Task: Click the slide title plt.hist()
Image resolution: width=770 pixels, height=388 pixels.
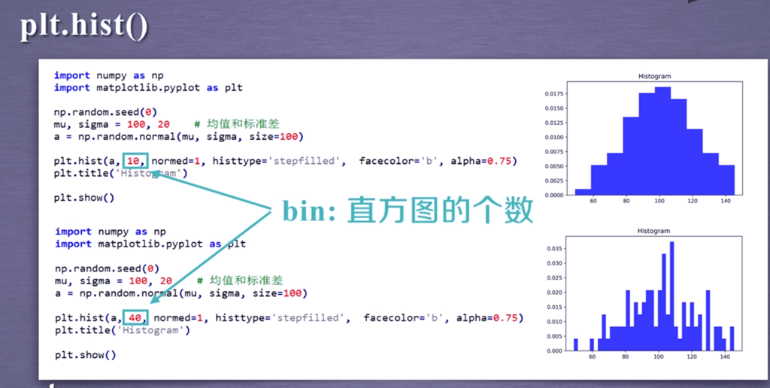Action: tap(83, 28)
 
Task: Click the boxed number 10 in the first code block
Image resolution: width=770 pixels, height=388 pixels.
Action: tap(133, 161)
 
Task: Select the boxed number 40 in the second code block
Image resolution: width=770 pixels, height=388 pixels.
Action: tap(135, 318)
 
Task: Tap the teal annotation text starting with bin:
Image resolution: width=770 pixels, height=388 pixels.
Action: tap(408, 212)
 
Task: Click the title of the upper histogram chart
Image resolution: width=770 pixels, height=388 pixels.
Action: tap(654, 76)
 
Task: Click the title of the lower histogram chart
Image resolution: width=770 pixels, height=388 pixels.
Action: tap(653, 231)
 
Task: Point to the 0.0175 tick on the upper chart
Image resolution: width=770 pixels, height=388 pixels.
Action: tap(554, 94)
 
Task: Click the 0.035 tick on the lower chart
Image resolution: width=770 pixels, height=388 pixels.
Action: tap(555, 249)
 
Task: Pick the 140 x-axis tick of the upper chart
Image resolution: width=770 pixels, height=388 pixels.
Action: tap(726, 201)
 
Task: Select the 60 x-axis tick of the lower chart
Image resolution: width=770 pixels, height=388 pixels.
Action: tap(593, 357)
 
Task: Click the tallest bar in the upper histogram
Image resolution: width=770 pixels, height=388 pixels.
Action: tap(662, 141)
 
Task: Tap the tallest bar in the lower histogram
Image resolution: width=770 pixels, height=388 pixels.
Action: tap(671, 296)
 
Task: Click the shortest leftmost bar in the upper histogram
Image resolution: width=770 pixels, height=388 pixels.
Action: tap(583, 192)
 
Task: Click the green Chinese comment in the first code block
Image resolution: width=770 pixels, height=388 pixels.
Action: tap(237, 124)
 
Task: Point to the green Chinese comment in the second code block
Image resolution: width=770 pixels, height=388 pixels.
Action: tap(240, 280)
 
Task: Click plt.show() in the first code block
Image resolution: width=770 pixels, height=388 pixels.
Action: tap(84, 198)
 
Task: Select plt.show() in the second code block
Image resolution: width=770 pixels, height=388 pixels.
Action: tap(86, 355)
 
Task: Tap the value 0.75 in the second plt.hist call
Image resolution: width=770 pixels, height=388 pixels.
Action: tap(506, 318)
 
